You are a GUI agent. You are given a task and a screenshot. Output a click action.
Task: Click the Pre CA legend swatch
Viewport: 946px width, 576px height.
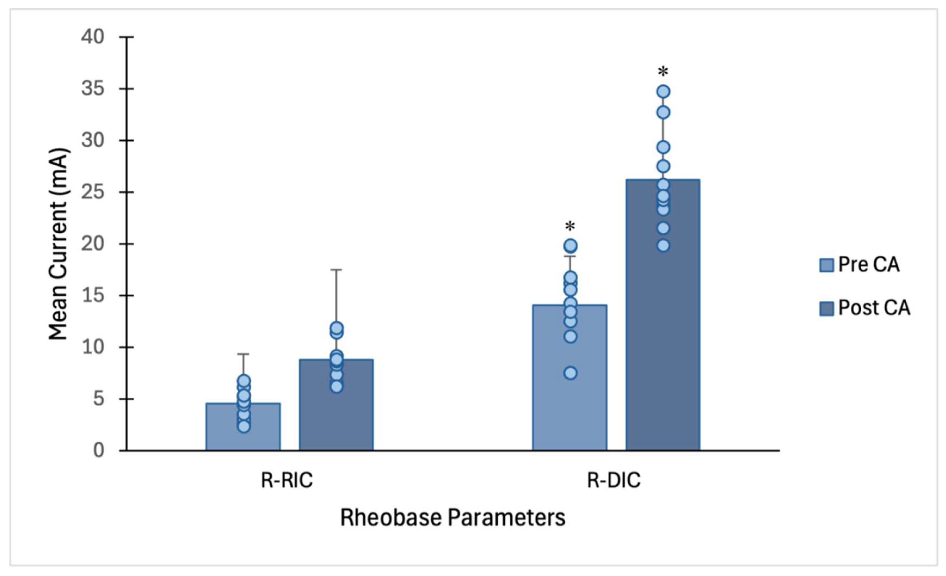pyautogui.click(x=826, y=265)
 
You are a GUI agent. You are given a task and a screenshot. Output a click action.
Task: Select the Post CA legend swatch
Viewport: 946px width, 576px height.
pyautogui.click(x=826, y=308)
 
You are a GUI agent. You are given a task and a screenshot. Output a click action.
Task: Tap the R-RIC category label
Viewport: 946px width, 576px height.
pyautogui.click(x=287, y=480)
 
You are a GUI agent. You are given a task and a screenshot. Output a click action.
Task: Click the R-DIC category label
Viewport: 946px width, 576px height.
pyautogui.click(x=614, y=480)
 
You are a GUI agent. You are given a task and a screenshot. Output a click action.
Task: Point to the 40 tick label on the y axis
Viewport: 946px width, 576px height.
pyautogui.click(x=93, y=37)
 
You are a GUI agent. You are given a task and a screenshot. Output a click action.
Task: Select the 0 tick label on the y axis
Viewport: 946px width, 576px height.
pyautogui.click(x=98, y=450)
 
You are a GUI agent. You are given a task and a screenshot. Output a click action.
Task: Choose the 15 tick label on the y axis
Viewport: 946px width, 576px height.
pyautogui.click(x=93, y=296)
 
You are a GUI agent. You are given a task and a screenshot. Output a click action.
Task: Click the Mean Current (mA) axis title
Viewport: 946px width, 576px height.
pyautogui.click(x=58, y=244)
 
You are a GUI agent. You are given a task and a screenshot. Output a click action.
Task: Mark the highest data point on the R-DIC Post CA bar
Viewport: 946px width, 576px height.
pyautogui.click(x=663, y=92)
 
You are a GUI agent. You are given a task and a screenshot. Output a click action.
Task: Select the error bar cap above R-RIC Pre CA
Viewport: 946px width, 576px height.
pyautogui.click(x=243, y=354)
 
